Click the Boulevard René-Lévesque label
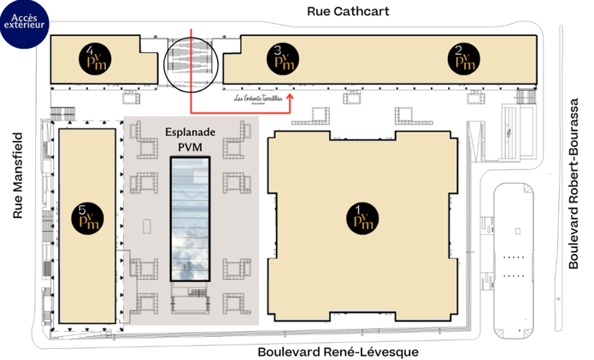click(x=338, y=351)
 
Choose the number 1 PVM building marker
click(x=358, y=216)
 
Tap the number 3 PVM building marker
click(x=285, y=57)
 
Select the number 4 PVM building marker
click(x=91, y=57)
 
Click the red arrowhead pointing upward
click(x=291, y=97)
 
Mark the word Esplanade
click(x=190, y=133)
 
